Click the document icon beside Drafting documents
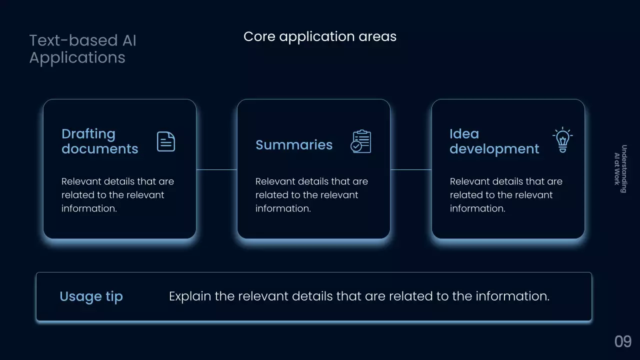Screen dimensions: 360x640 (x=166, y=141)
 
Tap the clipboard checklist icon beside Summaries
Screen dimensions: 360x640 (x=361, y=141)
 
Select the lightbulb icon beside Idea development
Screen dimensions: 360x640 (x=562, y=140)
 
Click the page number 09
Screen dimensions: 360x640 (x=623, y=342)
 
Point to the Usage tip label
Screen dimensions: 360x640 (x=91, y=296)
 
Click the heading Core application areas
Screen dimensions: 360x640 (x=319, y=36)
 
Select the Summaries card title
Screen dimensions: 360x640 (x=294, y=145)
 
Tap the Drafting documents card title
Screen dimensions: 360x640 (x=99, y=141)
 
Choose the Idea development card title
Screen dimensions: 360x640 (x=494, y=141)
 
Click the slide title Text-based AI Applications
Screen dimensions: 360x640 (x=82, y=49)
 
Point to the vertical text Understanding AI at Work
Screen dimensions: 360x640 (x=620, y=168)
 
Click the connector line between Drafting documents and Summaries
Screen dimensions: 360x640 (x=216, y=169)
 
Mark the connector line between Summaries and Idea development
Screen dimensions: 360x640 (x=410, y=169)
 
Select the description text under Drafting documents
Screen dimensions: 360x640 (x=117, y=195)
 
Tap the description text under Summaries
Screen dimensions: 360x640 (x=311, y=195)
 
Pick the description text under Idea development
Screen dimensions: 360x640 (x=506, y=195)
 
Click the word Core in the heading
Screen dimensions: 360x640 (x=259, y=36)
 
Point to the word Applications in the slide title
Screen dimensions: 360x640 (x=77, y=57)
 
